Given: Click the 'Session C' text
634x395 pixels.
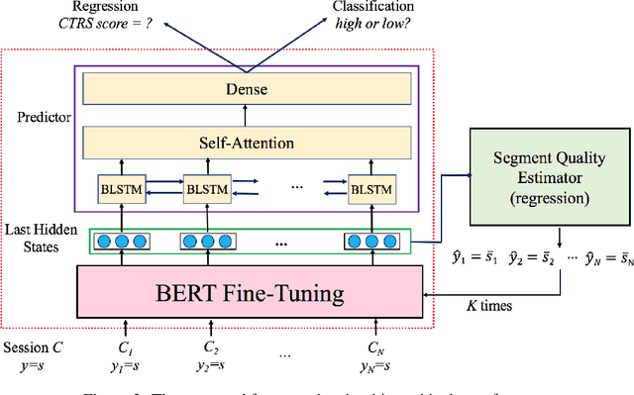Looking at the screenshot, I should tap(36, 348).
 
